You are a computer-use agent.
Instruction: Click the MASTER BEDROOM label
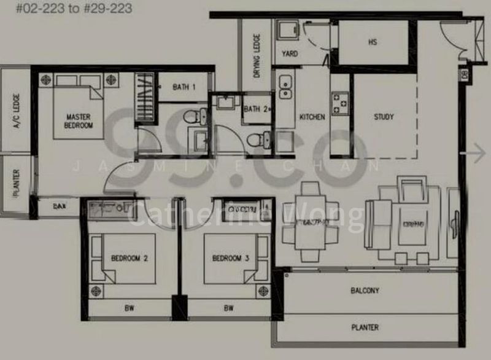tap(79, 120)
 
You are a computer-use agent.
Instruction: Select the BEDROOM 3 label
tap(230, 259)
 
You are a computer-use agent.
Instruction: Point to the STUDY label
tap(384, 117)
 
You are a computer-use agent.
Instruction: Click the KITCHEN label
tap(312, 117)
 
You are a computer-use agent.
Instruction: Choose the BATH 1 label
tap(184, 87)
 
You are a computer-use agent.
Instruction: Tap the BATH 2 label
tap(255, 109)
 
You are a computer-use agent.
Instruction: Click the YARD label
tap(290, 54)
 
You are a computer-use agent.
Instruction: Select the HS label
tap(373, 42)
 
